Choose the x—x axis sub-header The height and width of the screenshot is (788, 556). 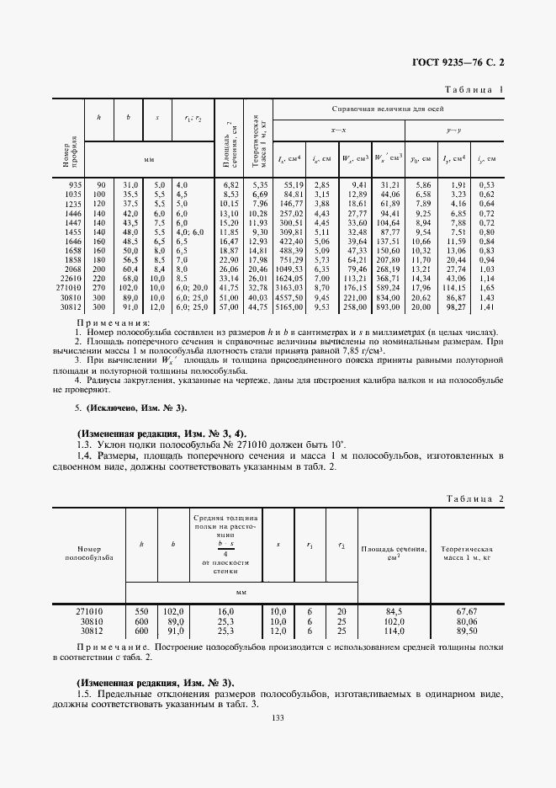(338, 130)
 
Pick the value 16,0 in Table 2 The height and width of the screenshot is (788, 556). (225, 611)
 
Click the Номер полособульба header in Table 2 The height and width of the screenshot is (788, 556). (88, 551)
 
